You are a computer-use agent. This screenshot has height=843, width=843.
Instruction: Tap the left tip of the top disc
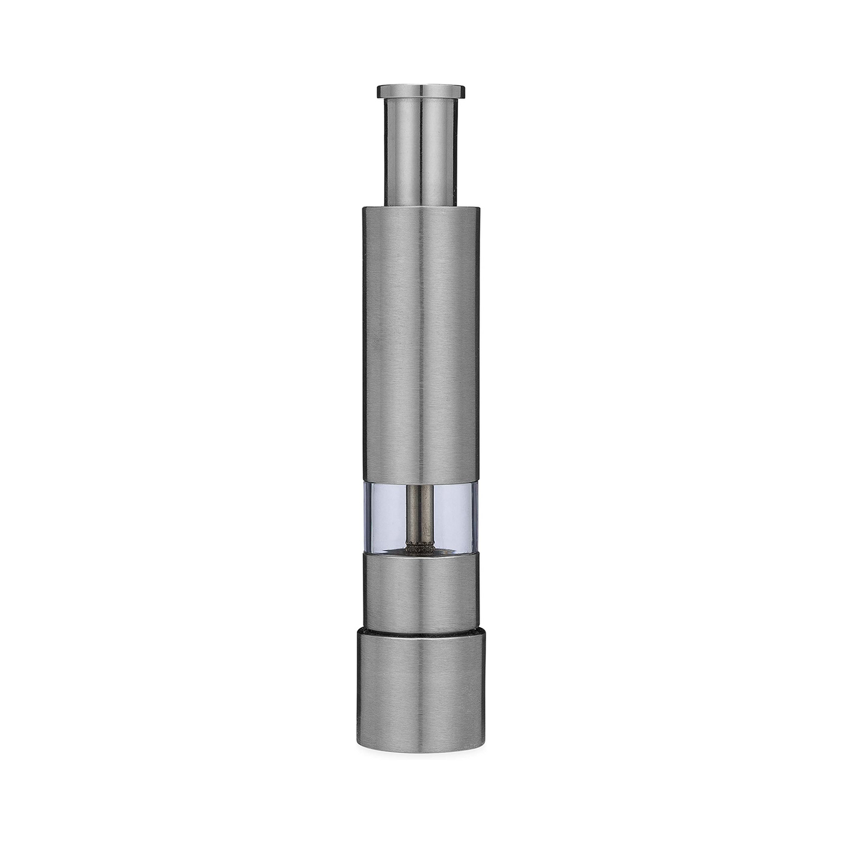click(379, 92)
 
